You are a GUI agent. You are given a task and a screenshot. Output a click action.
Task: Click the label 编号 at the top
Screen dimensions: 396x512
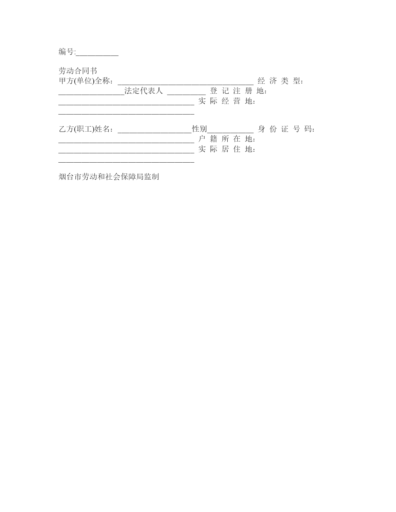tap(66, 52)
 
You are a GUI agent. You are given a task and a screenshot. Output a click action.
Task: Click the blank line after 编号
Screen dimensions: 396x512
tap(97, 56)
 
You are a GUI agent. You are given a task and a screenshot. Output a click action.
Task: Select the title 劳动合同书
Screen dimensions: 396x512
tap(78, 71)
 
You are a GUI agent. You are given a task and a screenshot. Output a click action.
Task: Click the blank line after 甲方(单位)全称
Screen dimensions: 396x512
tap(186, 84)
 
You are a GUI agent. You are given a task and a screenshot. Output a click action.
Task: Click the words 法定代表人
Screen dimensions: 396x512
tap(143, 91)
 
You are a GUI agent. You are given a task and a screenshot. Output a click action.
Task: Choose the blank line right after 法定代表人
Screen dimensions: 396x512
tap(186, 94)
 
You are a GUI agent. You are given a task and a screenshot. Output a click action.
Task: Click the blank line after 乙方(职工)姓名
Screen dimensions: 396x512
tap(155, 132)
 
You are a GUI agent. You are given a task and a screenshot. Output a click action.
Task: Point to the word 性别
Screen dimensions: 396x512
tap(199, 129)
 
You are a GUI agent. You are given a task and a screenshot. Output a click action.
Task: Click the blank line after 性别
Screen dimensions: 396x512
tap(230, 132)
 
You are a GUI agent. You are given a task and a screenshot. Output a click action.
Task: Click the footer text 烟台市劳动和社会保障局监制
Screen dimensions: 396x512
tap(109, 177)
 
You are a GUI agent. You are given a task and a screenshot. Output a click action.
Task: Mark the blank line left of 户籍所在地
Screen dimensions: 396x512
tap(126, 142)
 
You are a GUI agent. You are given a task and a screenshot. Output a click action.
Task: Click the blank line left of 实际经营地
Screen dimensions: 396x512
tap(126, 104)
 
